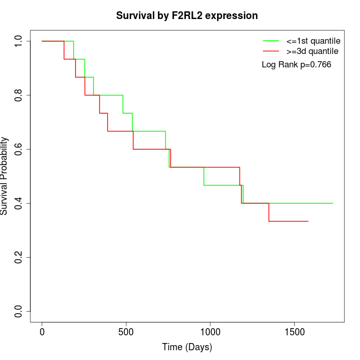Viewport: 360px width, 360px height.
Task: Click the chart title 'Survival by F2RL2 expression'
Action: [187, 15]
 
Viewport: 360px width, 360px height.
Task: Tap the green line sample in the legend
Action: [271, 41]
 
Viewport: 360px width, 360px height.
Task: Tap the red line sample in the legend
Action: [271, 51]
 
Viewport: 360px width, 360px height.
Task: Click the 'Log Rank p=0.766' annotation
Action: [296, 65]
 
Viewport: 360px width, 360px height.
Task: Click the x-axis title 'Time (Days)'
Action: [187, 348]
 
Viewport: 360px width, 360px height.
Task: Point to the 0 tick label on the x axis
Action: [42, 332]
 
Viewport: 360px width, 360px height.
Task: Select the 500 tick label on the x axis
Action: [126, 332]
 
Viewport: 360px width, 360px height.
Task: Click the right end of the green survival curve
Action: [333, 203]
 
